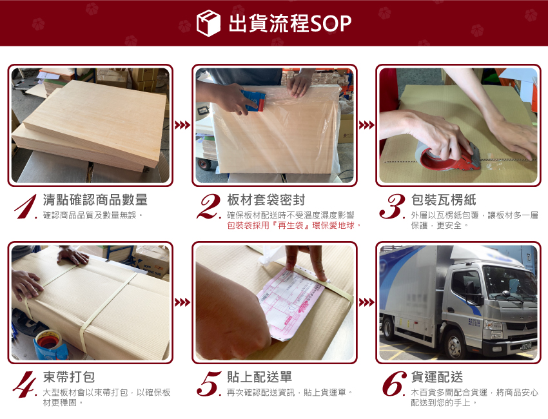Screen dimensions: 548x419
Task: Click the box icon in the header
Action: pyautogui.click(x=208, y=23)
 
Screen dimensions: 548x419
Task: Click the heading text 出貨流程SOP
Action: pyautogui.click(x=289, y=23)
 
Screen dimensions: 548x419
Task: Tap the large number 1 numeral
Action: pyautogui.click(x=26, y=206)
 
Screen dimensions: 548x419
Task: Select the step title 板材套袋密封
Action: pyautogui.click(x=266, y=200)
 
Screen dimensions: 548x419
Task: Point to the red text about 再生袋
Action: pyautogui.click(x=294, y=226)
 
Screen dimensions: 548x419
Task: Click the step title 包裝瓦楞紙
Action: pyautogui.click(x=444, y=200)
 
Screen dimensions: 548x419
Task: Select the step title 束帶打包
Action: pyautogui.click(x=69, y=377)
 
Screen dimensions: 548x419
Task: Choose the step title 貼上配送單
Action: pyautogui.click(x=259, y=377)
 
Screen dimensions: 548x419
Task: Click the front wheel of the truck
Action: pyautogui.click(x=455, y=344)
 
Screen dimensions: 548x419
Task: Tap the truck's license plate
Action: pyautogui.click(x=525, y=346)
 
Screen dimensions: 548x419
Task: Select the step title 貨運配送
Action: pyautogui.click(x=437, y=377)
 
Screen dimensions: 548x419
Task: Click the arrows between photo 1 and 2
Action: pyautogui.click(x=182, y=125)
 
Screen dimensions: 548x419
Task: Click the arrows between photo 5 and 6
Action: pyautogui.click(x=367, y=302)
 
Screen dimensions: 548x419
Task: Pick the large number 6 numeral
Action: pyautogui.click(x=394, y=384)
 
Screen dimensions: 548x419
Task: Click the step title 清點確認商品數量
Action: pyautogui.click(x=95, y=200)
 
